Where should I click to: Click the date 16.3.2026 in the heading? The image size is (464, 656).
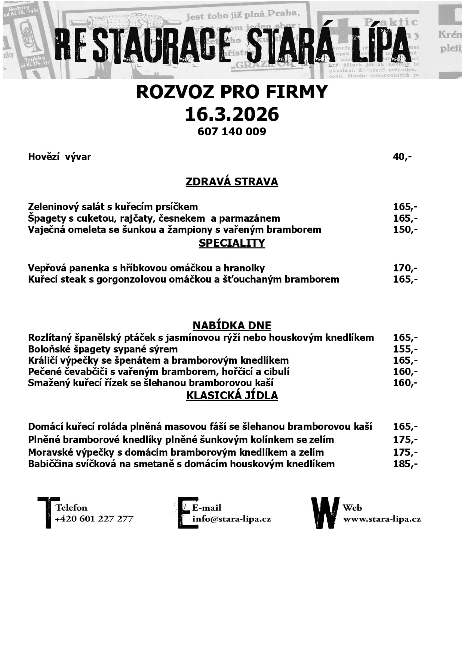point(232,114)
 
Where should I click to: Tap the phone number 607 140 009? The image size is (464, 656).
point(232,132)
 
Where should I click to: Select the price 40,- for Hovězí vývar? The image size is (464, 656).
point(402,157)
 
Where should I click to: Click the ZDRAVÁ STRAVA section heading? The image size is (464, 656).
point(232,182)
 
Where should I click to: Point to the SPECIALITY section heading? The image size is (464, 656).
point(232,243)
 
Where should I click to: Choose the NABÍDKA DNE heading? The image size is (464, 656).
point(232,325)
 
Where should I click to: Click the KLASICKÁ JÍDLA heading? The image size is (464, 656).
point(232,395)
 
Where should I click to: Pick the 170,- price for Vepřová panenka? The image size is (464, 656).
point(405,268)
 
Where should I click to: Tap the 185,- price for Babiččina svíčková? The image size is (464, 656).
point(405,464)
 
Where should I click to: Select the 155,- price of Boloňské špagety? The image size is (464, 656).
point(405,349)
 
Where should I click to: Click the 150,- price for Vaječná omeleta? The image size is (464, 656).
point(405,230)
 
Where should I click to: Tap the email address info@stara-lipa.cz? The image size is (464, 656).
point(231,519)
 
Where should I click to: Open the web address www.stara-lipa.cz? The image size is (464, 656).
point(382,519)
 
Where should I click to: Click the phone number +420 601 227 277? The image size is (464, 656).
point(94,519)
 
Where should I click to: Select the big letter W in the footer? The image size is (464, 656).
point(325,513)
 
